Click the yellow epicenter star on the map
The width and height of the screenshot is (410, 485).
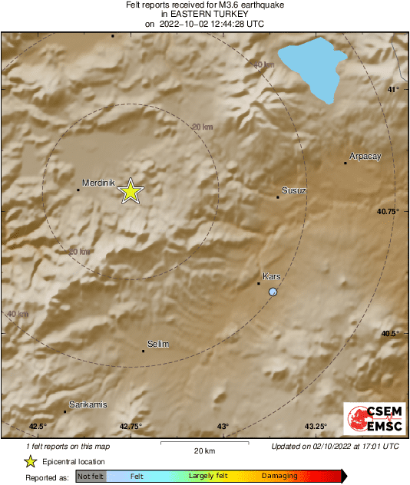click(131, 191)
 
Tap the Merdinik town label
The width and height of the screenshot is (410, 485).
click(98, 183)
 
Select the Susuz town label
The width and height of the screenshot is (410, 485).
click(294, 190)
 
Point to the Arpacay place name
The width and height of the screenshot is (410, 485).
click(365, 157)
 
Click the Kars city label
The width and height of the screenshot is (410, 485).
click(272, 276)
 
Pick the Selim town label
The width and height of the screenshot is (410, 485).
click(157, 345)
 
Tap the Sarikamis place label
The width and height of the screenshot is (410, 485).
click(88, 404)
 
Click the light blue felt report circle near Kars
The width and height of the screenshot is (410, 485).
click(273, 292)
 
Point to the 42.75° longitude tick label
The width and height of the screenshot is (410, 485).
click(131, 427)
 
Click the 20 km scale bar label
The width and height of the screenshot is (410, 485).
click(203, 450)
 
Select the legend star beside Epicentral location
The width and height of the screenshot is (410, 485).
click(30, 461)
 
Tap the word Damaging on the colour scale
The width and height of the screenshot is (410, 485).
click(279, 477)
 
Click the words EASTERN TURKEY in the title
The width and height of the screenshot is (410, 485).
click(204, 14)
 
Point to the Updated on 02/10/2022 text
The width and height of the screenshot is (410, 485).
click(335, 446)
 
